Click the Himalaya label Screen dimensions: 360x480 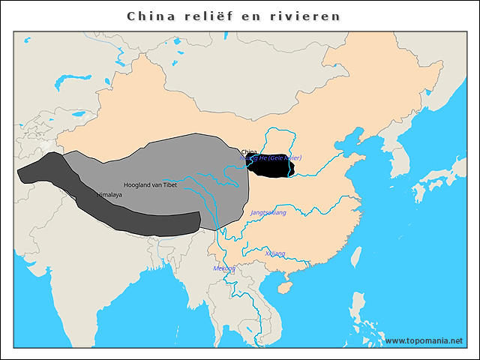pyautogui.click(x=109, y=194)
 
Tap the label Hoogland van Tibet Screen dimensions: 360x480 pyautogui.click(x=150, y=184)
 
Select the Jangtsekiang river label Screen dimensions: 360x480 pyautogui.click(x=268, y=213)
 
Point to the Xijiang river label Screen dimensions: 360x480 pyautogui.click(x=275, y=253)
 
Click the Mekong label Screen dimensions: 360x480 pyautogui.click(x=224, y=268)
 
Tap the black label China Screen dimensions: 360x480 pyautogui.click(x=250, y=151)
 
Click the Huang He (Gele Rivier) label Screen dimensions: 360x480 pyautogui.click(x=271, y=159)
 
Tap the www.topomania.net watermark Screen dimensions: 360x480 pyautogui.click(x=424, y=340)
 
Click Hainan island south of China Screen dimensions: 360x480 pyautogui.click(x=285, y=286)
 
